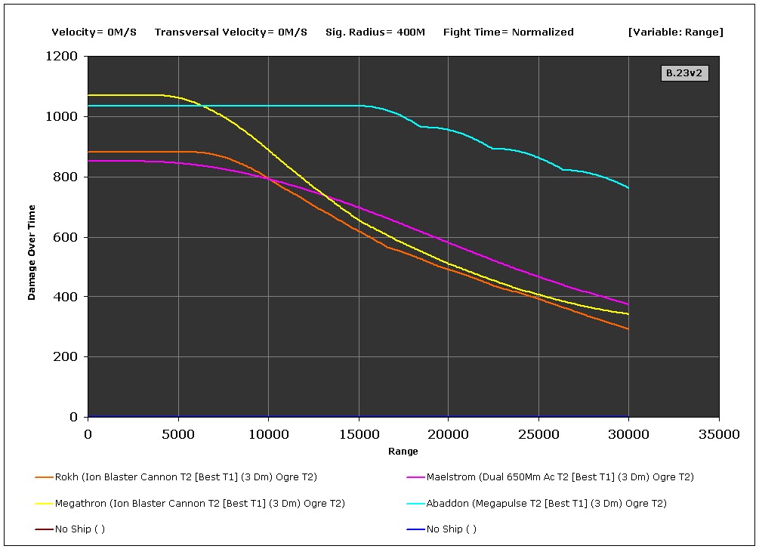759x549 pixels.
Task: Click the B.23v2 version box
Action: click(685, 73)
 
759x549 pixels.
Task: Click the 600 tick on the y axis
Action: click(68, 237)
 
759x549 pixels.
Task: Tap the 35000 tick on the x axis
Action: click(718, 434)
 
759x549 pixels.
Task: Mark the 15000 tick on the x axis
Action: click(358, 434)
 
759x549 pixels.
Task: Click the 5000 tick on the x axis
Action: click(178, 434)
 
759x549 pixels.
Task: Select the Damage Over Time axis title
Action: click(32, 252)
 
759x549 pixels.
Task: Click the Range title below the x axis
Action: click(403, 452)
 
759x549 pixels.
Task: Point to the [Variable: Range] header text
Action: click(675, 32)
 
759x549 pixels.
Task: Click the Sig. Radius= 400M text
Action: click(375, 32)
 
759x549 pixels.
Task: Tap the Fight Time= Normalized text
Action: click(508, 32)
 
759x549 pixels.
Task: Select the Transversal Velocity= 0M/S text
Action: click(230, 32)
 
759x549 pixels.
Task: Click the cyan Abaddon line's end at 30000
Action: click(628, 187)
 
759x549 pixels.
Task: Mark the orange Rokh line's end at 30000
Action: click(628, 328)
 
